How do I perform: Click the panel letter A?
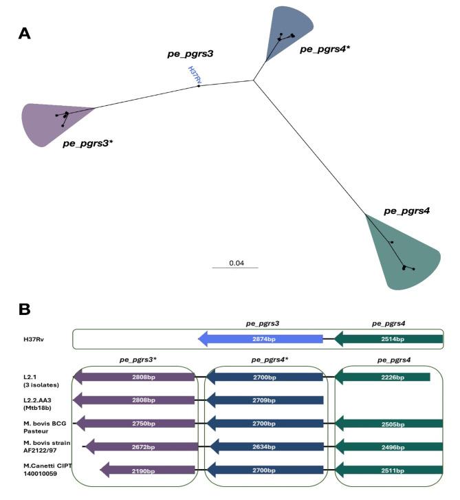point(24,32)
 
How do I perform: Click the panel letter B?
point(24,309)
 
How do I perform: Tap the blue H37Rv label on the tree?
point(193,75)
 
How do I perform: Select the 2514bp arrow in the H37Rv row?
point(388,339)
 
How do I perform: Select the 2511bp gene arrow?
point(388,470)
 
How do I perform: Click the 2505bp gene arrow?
point(388,424)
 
